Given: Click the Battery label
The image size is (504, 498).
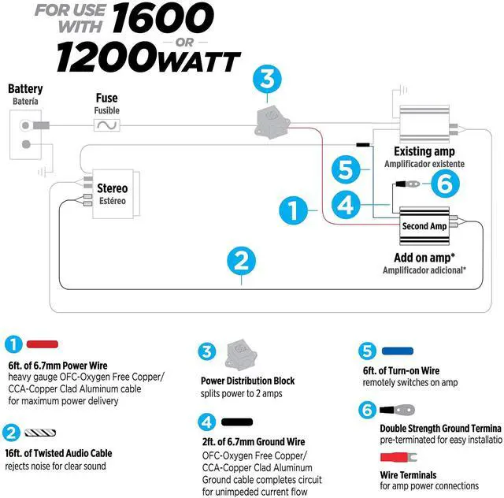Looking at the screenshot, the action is coord(25,90).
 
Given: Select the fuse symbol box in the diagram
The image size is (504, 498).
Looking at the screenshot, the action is coord(107,124).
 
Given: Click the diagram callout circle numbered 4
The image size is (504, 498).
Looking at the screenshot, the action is coord(345,205).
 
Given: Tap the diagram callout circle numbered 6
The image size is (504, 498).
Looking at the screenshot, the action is coord(444,184).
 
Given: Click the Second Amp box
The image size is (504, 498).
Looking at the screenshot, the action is coord(424,225).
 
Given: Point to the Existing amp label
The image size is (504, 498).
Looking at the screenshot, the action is coord(424,151).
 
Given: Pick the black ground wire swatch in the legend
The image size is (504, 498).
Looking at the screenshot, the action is coord(237,422).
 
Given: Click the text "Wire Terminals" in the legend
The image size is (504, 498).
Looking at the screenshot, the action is coord(408,475).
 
